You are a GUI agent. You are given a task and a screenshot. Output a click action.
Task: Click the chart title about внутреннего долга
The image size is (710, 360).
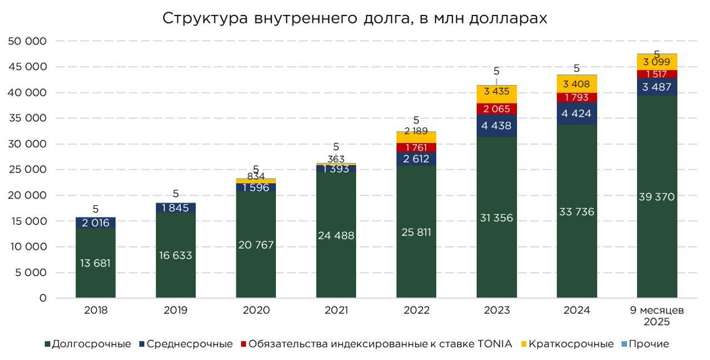[354, 18]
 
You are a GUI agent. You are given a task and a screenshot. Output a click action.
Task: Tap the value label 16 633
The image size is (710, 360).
[176, 255]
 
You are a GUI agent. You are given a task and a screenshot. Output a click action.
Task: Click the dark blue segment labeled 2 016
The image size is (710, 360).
[96, 223]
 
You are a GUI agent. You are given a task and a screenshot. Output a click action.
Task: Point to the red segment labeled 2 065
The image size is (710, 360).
[496, 109]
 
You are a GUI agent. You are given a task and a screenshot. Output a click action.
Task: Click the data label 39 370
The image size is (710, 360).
[657, 196]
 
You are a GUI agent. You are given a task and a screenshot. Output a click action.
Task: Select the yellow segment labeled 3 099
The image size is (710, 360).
[657, 62]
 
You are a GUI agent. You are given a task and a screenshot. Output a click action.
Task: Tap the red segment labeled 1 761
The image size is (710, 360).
[416, 147]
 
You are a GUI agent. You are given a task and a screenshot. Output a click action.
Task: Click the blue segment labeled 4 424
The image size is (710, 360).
[576, 114]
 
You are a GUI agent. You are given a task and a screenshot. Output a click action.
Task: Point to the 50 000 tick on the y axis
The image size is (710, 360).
[27, 41]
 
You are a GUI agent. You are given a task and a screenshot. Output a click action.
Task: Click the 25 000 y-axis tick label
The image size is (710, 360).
[27, 170]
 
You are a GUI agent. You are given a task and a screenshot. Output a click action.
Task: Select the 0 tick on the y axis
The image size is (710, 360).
[42, 298]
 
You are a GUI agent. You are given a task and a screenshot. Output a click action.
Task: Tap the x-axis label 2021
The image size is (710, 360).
[336, 310]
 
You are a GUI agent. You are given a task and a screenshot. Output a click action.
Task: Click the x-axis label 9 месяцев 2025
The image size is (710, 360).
[657, 315]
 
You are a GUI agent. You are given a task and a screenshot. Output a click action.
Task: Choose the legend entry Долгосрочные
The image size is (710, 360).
[91, 344]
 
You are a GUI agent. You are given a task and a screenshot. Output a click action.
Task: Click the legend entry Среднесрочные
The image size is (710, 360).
[189, 344]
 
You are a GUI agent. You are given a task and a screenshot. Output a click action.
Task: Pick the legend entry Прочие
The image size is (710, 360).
[648, 344]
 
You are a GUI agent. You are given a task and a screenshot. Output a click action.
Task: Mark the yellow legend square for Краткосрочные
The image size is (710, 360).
[523, 344]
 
